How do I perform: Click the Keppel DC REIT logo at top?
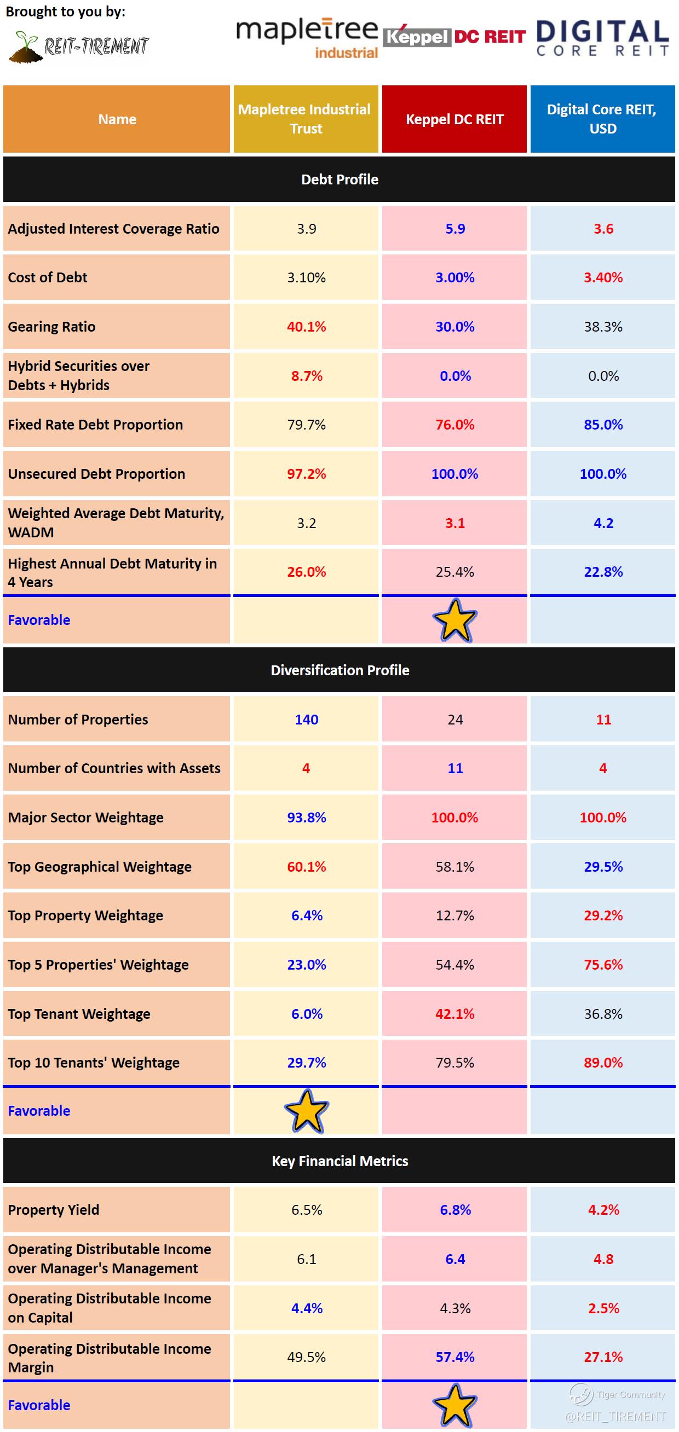[x=454, y=37]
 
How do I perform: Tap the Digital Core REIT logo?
[x=602, y=38]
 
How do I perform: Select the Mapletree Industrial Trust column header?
[x=306, y=119]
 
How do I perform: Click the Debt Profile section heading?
[x=339, y=179]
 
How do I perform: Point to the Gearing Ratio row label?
[x=51, y=327]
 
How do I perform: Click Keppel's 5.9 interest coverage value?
[x=455, y=229]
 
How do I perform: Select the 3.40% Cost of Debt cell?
[x=603, y=278]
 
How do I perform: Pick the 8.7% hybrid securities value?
[x=307, y=376]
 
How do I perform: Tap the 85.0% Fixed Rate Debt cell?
[x=603, y=425]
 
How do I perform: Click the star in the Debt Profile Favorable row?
[x=455, y=621]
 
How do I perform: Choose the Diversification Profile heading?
[x=339, y=670]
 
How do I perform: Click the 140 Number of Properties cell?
[x=307, y=720]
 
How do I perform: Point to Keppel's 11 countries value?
[x=455, y=768]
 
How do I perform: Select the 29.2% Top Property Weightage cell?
[x=603, y=915]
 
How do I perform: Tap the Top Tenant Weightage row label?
[x=79, y=1014]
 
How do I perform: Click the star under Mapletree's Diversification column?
[x=307, y=1111]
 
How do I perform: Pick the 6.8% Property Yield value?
[x=455, y=1210]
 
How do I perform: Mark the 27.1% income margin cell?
[x=603, y=1357]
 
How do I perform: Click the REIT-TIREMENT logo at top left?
[x=79, y=46]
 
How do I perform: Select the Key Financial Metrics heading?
[x=339, y=1161]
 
